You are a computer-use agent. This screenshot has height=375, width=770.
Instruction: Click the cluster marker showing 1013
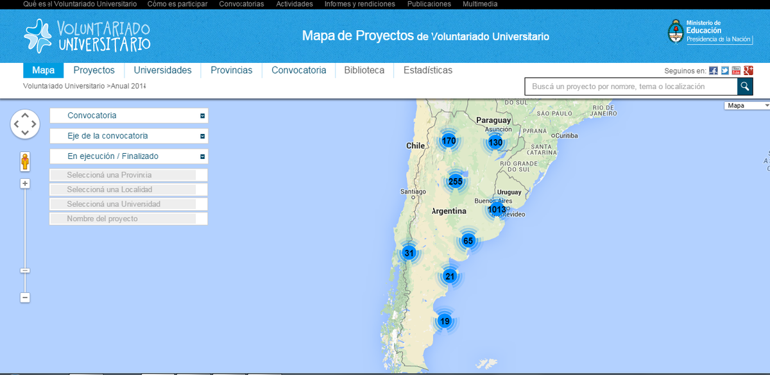[497, 209]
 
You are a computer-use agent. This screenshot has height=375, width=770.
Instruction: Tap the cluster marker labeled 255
[456, 181]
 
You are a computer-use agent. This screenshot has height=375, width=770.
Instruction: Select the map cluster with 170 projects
[449, 140]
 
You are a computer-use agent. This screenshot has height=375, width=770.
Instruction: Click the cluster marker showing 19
[445, 321]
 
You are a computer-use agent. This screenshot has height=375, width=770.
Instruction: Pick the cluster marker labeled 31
[409, 253]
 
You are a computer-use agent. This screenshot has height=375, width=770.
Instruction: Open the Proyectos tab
[94, 71]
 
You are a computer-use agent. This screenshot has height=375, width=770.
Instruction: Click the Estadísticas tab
[427, 71]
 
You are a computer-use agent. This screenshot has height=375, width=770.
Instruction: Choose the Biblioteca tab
[364, 71]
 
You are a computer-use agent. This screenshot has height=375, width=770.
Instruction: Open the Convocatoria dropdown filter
[129, 116]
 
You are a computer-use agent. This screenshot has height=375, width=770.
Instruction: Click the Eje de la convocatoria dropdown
[129, 136]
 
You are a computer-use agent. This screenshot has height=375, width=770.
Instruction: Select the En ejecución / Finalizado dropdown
[129, 156]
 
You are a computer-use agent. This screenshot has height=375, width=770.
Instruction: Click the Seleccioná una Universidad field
[129, 204]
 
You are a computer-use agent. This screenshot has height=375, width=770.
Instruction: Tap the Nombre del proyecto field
[129, 219]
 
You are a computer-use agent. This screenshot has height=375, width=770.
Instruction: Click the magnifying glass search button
[744, 87]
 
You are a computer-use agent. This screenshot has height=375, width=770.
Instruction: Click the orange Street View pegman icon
[25, 162]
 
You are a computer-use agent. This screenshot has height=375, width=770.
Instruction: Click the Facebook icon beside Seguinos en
[714, 71]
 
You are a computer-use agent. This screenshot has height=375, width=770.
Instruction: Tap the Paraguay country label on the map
[493, 120]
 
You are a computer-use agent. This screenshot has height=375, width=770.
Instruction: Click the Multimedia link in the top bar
[479, 4]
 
